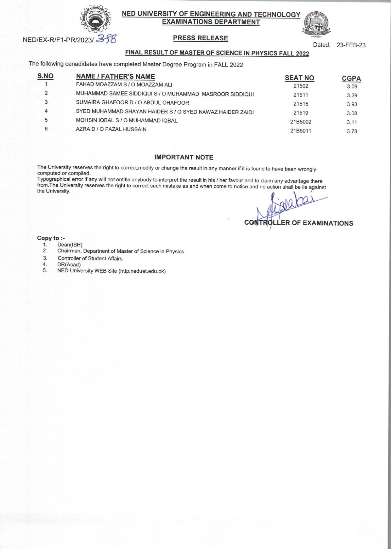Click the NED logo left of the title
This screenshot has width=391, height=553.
coord(96,20)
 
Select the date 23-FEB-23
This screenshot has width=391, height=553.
coord(351,45)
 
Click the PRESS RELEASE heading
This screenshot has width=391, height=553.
coord(201,38)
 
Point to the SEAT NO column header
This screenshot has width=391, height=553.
coord(299,78)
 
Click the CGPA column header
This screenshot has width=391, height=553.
coord(351,78)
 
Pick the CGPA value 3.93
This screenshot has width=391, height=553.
coord(352,104)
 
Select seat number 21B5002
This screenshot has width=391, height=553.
coord(301,122)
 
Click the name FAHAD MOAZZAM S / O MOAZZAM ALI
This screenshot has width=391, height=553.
coord(124,85)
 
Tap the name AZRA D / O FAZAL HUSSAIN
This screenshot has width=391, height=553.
coord(111,129)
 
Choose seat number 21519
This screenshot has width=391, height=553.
coord(301,113)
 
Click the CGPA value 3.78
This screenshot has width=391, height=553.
coord(352,131)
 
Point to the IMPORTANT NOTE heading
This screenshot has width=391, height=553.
coord(184,157)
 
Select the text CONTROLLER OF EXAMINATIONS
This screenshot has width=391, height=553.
coord(298,223)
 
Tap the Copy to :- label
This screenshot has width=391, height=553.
coord(51,238)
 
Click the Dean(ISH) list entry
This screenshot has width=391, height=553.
coord(70,245)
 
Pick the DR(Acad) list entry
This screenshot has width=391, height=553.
coord(69,265)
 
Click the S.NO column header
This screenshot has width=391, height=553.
coord(45,76)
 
